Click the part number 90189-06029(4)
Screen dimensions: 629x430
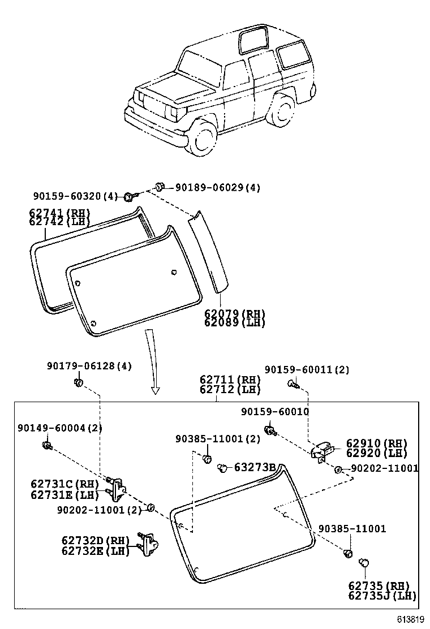click(x=218, y=187)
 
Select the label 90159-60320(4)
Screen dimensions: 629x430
click(x=75, y=196)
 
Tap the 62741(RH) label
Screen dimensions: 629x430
click(x=59, y=213)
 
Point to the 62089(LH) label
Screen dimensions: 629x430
click(x=234, y=322)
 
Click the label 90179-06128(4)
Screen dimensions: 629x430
click(x=89, y=366)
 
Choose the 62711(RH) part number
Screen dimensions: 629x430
click(x=230, y=380)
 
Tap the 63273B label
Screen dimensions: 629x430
click(x=255, y=467)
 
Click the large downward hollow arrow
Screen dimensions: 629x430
click(x=153, y=362)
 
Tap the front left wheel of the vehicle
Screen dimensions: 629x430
click(x=203, y=140)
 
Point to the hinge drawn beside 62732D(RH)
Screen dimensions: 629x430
click(x=149, y=545)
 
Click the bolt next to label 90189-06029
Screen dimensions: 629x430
click(x=160, y=186)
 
